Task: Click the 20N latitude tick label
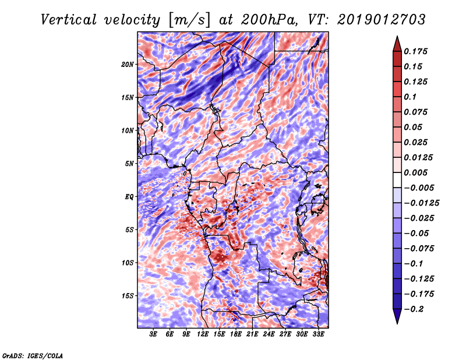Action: pyautogui.click(x=128, y=64)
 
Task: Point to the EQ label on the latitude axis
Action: pyautogui.click(x=129, y=196)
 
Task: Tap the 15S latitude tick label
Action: pyautogui.click(x=128, y=295)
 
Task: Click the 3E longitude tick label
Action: pyautogui.click(x=154, y=334)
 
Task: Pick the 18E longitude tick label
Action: pyautogui.click(x=236, y=334)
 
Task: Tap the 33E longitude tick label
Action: pyautogui.click(x=318, y=334)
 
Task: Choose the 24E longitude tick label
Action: pyautogui.click(x=269, y=334)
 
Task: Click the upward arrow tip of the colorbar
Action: pyautogui.click(x=397, y=38)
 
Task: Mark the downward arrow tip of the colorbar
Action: pyautogui.click(x=397, y=322)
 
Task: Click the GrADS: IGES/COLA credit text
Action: pyautogui.click(x=32, y=355)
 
